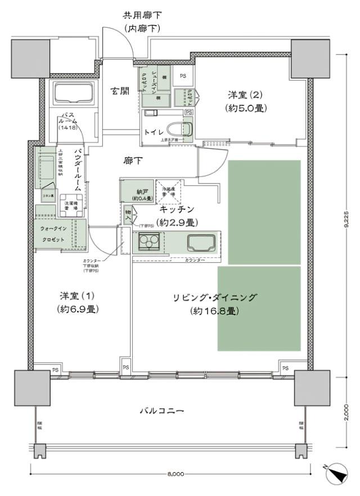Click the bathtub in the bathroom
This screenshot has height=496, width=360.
(x=75, y=92)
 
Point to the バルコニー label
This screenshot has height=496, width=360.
(x=161, y=411)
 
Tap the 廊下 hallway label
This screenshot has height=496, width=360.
(x=133, y=161)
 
